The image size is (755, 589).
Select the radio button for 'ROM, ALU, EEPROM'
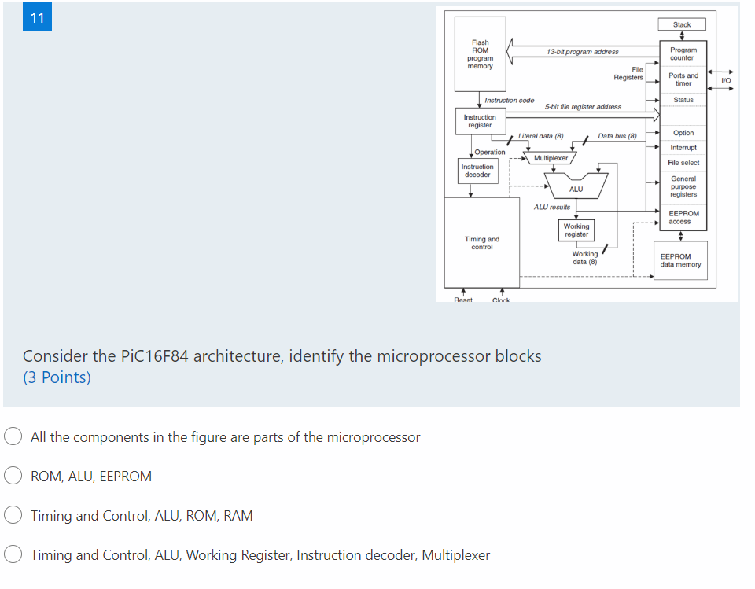click(x=13, y=476)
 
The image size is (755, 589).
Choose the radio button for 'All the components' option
click(x=13, y=437)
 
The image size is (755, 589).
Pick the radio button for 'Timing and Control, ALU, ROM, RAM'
click(x=13, y=516)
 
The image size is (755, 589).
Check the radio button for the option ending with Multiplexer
click(x=13, y=555)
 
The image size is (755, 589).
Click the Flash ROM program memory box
click(x=480, y=54)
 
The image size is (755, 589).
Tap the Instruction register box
click(x=480, y=121)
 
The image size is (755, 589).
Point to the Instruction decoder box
click(x=477, y=171)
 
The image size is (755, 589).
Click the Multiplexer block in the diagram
click(x=551, y=158)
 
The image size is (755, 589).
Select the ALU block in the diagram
click(x=576, y=189)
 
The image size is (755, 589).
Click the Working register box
click(x=576, y=230)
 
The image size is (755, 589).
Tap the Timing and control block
click(x=482, y=243)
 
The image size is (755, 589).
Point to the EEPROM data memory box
click(x=680, y=260)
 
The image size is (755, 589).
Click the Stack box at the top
click(x=682, y=25)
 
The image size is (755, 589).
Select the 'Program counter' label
click(x=682, y=53)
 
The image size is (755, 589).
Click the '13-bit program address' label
click(x=582, y=52)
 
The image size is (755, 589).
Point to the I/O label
click(x=726, y=80)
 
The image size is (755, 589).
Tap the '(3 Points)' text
click(x=57, y=377)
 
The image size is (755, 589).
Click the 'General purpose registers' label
click(x=683, y=186)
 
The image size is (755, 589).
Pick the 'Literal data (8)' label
click(x=540, y=136)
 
